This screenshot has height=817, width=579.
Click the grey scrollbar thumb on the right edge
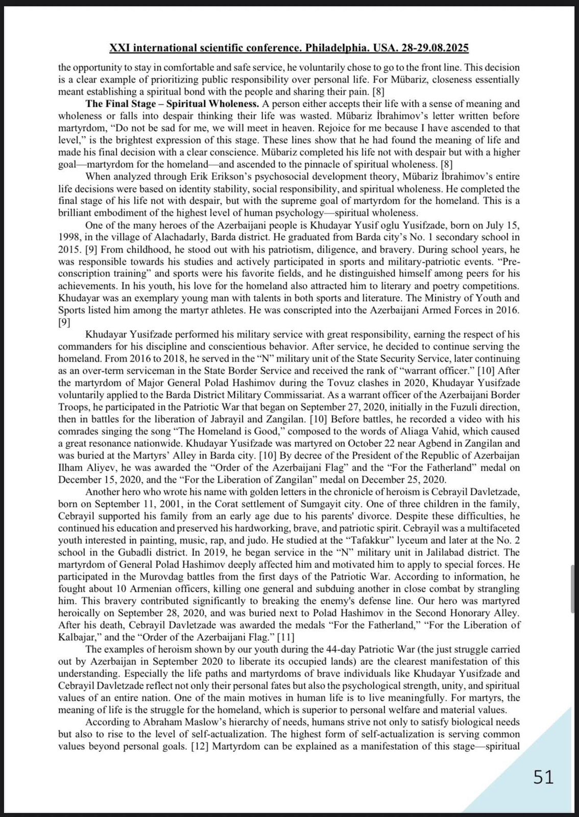point(573,588)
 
